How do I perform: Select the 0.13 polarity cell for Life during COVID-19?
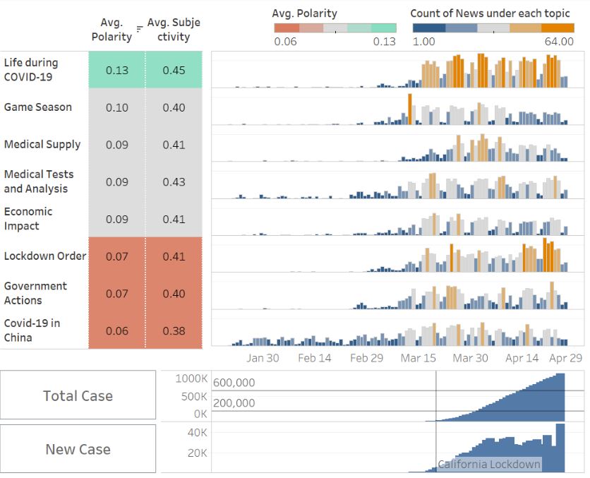point(116,70)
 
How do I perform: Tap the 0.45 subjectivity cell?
point(174,70)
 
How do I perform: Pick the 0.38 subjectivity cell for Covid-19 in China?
point(174,330)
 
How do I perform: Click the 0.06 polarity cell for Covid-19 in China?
point(116,330)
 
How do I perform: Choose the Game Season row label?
point(38,107)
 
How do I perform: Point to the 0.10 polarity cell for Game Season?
point(116,107)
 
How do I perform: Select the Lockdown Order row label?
point(45,256)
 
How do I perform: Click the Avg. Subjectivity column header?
point(174,29)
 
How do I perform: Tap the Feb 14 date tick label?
point(314,358)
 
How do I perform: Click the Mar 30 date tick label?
point(470,358)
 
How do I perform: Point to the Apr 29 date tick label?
point(565,358)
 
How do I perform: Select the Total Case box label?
point(78,395)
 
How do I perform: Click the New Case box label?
point(78,449)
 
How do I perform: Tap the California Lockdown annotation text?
point(489,464)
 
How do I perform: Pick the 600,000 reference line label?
point(234,383)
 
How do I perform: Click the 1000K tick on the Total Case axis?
point(191,378)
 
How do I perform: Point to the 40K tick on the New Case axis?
point(196,432)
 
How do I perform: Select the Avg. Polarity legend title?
point(304,13)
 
